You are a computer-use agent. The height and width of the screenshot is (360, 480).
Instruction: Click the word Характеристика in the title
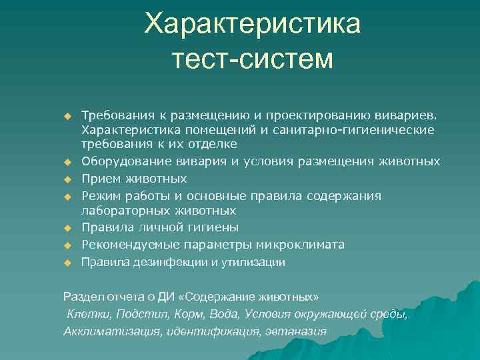coord(253,25)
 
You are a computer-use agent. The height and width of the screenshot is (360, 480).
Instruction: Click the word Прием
coord(100,179)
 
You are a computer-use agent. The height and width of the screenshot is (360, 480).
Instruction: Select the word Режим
coord(101,195)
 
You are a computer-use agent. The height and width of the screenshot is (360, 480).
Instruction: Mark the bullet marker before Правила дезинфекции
coord(67,263)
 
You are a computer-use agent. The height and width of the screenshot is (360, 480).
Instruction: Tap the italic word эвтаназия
coord(295,331)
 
